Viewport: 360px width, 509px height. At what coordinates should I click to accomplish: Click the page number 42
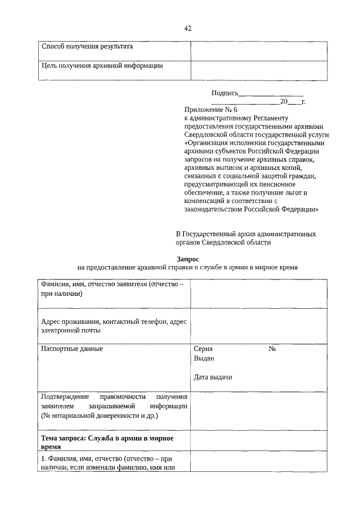click(188, 29)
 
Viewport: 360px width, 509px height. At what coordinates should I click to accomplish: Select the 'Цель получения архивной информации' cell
click(102, 66)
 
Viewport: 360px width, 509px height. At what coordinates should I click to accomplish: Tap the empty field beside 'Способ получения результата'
click(258, 51)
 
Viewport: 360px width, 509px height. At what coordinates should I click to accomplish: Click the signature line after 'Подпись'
click(271, 94)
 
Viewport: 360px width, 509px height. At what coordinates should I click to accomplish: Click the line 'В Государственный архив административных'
click(246, 233)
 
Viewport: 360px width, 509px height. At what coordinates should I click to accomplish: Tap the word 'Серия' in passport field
click(203, 349)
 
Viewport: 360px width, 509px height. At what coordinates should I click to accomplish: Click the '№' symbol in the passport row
click(272, 349)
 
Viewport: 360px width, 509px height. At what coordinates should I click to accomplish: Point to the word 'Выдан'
click(204, 358)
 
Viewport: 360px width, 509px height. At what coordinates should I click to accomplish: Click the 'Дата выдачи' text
click(213, 377)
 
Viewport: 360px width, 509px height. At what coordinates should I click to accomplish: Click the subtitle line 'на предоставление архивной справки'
click(187, 268)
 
